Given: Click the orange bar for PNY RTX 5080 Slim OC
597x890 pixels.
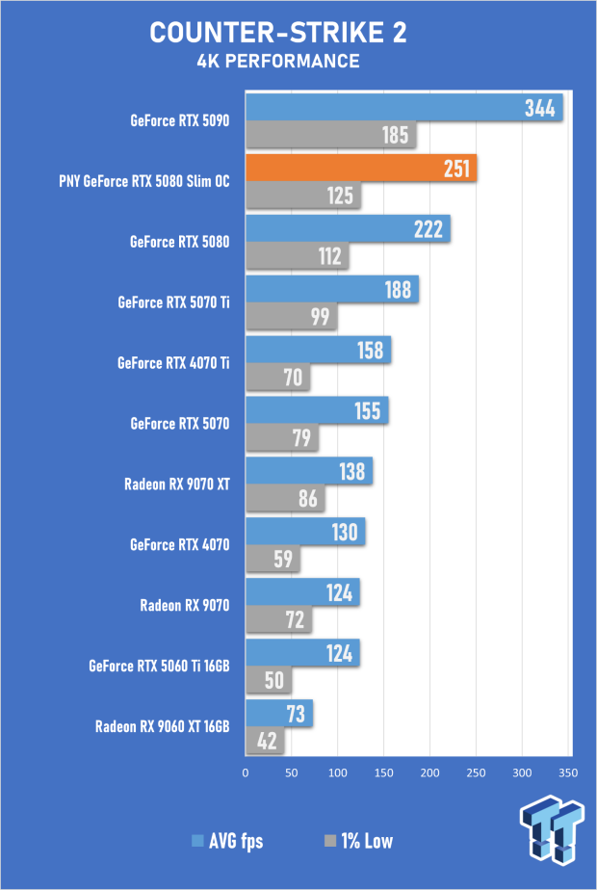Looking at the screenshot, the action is pos(361,168).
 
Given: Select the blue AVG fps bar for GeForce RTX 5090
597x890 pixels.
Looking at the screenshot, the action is pos(404,107).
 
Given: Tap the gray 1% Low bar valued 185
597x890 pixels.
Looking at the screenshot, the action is pos(331,135).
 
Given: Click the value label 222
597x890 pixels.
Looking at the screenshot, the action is pos(428,229).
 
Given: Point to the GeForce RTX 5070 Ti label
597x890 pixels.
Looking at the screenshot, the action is pos(173,302).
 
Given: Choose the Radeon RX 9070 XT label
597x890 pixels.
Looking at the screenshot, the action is pos(177,484).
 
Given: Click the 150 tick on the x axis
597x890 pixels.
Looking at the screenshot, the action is pos(383,772).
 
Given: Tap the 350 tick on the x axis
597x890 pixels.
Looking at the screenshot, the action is pos(568,772).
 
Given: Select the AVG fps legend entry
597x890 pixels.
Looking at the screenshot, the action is pos(227,841).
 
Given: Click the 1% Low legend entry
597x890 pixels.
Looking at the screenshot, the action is pos(358,841).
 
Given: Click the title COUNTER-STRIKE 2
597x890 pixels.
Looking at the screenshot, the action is pos(278,33).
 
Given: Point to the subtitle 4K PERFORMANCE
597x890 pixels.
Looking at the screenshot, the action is pos(278,62).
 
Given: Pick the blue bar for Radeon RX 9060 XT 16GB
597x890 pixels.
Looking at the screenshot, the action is pos(279,714).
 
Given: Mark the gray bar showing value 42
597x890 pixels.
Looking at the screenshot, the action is pos(265,741).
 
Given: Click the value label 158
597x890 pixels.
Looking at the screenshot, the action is pos(370,351).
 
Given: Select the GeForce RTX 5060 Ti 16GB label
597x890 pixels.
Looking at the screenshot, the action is pos(160,666).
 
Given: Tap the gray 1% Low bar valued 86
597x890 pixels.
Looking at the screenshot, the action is pos(285,498).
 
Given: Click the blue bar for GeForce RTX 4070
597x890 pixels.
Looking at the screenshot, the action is pos(305,532).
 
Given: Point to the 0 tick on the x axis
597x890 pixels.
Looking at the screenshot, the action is pos(246,772).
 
